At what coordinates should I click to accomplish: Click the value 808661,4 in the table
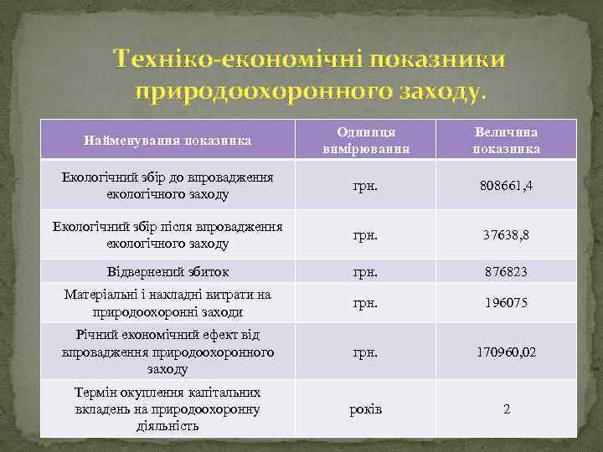pos(506,185)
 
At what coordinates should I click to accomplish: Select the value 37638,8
pos(506,235)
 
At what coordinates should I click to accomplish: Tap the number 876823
pos(506,272)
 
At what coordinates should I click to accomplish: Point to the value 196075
pos(506,303)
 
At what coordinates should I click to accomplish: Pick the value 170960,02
pos(506,352)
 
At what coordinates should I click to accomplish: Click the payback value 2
pos(506,408)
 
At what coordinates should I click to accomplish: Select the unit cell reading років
pos(365,408)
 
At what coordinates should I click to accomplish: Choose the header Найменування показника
pos(167,141)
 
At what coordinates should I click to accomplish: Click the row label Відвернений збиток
pos(167,272)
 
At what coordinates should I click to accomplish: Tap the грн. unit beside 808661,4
pos(365,185)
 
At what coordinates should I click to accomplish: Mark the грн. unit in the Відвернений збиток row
pos(365,272)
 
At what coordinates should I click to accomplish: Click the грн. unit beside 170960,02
pos(365,352)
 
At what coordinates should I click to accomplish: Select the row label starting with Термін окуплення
pos(167,408)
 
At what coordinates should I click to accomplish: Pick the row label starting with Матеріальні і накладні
pos(167,303)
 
